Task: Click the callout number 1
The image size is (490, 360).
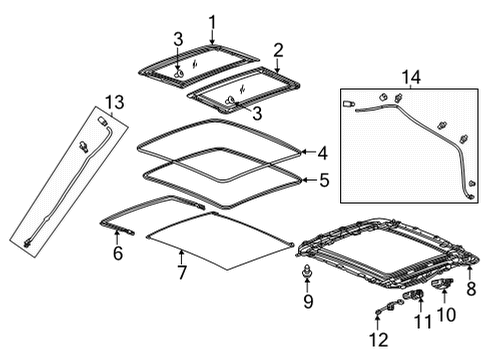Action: point(212,22)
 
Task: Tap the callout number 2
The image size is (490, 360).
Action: point(279,49)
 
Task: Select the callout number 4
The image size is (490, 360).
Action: point(322,153)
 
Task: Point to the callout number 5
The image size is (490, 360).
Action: point(322,182)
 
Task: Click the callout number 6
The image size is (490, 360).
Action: point(118,255)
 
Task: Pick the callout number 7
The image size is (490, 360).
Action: point(181,272)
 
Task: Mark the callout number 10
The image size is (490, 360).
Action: point(445,315)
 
